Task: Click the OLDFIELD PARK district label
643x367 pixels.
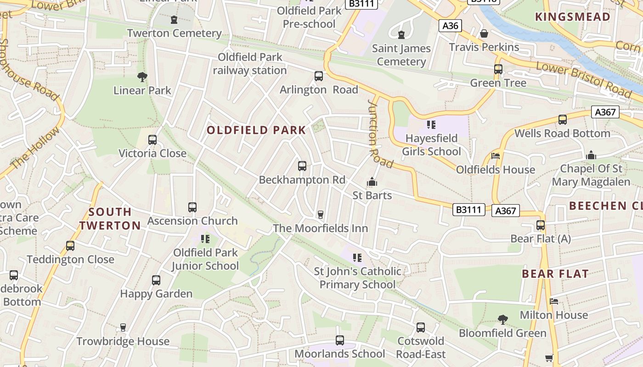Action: point(256,130)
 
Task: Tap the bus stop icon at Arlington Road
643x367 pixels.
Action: point(319,76)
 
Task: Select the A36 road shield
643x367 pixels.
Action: point(450,26)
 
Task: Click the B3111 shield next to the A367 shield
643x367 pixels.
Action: point(469,210)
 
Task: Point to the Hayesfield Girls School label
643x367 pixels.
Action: point(431,145)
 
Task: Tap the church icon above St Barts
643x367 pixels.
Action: point(372,182)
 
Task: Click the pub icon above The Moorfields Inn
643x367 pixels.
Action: point(321,215)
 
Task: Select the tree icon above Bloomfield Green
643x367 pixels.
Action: point(503,319)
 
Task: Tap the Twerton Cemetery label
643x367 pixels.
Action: point(174,33)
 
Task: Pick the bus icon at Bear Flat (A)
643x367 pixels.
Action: point(541,225)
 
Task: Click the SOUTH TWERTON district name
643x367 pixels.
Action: point(110,218)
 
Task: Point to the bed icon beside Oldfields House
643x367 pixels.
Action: point(496,156)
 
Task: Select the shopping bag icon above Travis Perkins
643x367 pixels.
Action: point(484,33)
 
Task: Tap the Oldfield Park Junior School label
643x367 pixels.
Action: point(205,259)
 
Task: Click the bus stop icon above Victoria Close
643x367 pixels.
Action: point(152,140)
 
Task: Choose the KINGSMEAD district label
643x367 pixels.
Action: point(573,17)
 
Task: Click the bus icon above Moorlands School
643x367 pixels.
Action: point(340,340)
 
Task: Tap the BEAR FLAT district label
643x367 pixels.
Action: point(555,274)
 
